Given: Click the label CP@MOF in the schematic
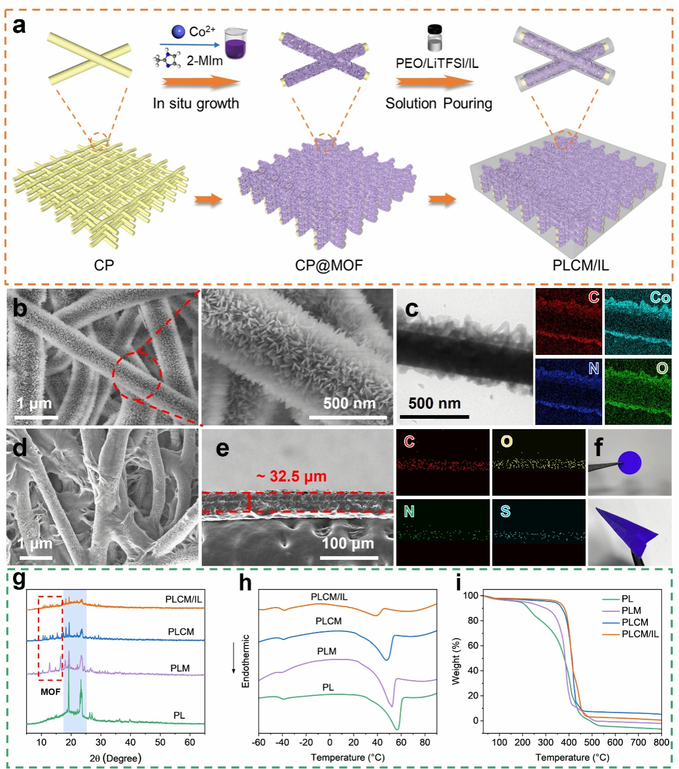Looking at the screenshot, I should click(329, 265).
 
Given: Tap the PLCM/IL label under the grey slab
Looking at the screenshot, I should click(580, 265).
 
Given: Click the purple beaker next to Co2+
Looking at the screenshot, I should click(235, 44).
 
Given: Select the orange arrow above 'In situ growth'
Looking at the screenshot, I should click(201, 82).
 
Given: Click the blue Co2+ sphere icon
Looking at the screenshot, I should click(178, 32).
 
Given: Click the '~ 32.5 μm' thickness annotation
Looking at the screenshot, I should click(292, 476).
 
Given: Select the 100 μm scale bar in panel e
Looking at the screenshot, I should click(349, 558).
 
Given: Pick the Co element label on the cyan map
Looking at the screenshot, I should click(660, 297).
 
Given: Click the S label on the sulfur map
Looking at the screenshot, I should click(505, 512).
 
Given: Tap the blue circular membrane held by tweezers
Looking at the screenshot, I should click(629, 462).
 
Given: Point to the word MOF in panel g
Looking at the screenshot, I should click(50, 692).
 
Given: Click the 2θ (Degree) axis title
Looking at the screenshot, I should click(115, 758).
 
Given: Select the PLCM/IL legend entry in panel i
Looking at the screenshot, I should click(640, 634).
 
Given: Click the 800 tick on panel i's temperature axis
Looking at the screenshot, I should click(661, 742).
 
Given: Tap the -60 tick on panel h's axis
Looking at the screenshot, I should click(259, 742).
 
